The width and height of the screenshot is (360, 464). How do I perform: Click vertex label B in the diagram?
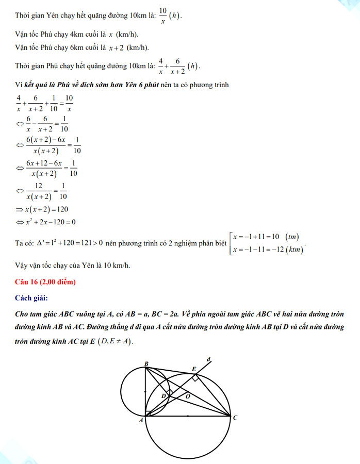pyautogui.click(x=146, y=363)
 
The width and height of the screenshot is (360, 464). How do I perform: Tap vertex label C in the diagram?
pyautogui.click(x=235, y=418)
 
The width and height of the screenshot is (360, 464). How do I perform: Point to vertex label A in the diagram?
pyautogui.click(x=140, y=421)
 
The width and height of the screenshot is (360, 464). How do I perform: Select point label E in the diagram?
pyautogui.click(x=194, y=369)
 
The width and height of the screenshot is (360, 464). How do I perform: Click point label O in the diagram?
pyautogui.click(x=187, y=396)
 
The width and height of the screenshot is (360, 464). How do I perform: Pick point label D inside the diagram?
pyautogui.click(x=163, y=396)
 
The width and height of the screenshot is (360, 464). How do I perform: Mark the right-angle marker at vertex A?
pyautogui.click(x=148, y=413)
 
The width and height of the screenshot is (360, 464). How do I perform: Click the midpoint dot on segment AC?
pyautogui.click(x=188, y=416)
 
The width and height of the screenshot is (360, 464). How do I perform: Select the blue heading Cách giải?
pyautogui.click(x=32, y=297)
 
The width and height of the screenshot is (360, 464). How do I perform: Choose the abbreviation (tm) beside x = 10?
pyautogui.click(x=293, y=237)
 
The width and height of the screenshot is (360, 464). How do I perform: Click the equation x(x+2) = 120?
pyautogui.click(x=46, y=209)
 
